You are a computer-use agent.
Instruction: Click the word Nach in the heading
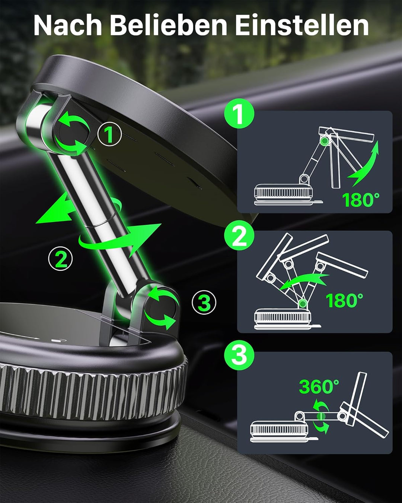(68, 25)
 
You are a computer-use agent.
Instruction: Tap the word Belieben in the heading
(168, 25)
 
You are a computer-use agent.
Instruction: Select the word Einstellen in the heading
(302, 25)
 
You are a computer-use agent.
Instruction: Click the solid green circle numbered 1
(239, 113)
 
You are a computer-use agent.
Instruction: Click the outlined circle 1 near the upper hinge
(109, 134)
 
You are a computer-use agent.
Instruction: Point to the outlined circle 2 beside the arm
(60, 259)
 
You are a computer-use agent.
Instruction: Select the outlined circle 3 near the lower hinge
(204, 302)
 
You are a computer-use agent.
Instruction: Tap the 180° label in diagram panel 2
(344, 300)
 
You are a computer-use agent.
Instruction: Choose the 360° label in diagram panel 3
(319, 386)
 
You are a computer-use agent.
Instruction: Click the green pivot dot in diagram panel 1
(324, 141)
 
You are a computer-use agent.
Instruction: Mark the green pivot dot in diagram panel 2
(303, 304)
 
